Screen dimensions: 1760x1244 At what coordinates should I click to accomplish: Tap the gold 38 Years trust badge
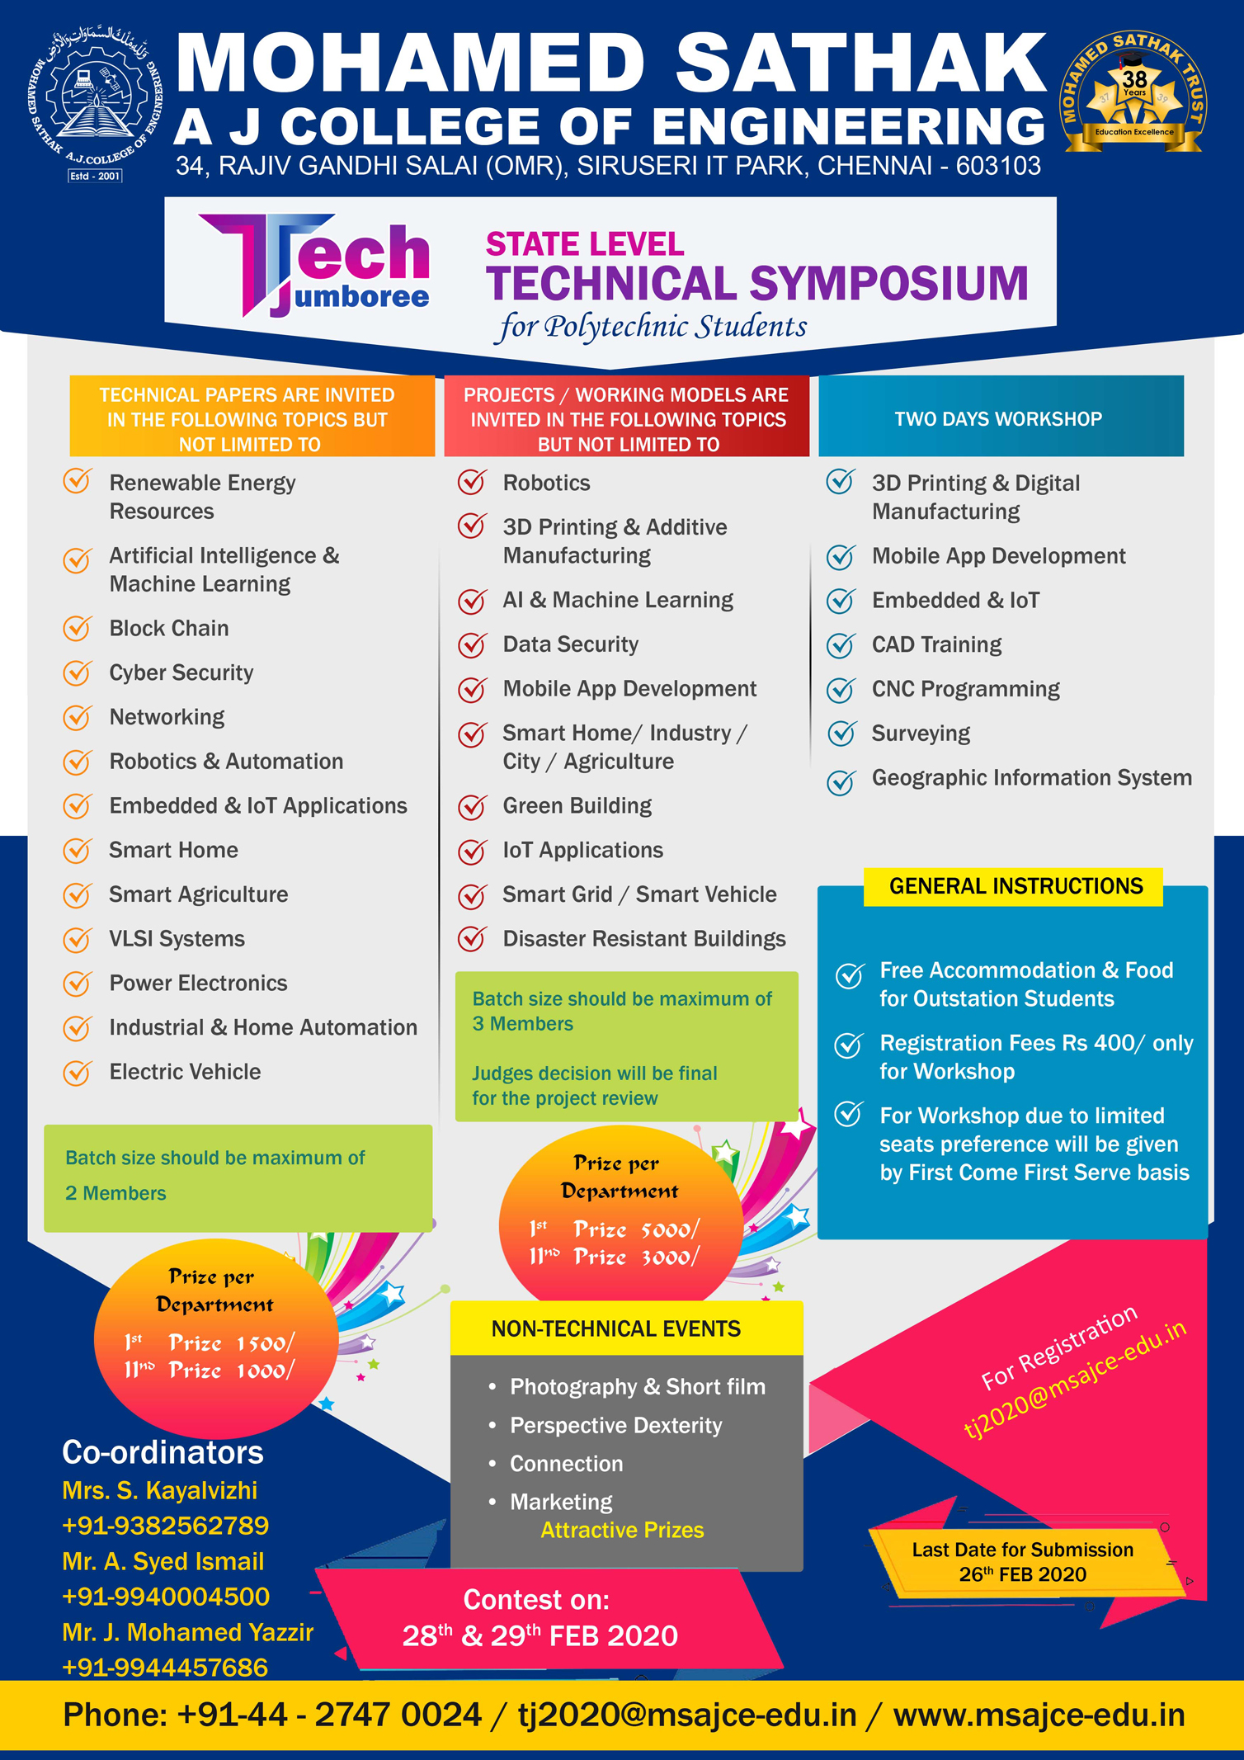[x=1133, y=95]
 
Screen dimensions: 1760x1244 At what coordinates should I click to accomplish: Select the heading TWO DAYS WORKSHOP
[x=998, y=418]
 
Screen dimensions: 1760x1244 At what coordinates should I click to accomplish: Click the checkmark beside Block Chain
[x=78, y=629]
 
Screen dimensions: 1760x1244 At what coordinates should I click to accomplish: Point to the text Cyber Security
[x=181, y=672]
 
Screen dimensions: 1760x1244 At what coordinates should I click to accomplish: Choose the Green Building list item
[x=577, y=805]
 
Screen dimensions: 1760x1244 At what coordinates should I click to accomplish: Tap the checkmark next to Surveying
[x=841, y=733]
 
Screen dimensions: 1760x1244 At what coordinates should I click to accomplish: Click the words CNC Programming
[x=965, y=689]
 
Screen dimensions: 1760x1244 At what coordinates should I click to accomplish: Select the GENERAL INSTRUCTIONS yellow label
[x=1015, y=886]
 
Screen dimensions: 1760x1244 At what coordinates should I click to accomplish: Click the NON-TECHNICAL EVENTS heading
[x=615, y=1328]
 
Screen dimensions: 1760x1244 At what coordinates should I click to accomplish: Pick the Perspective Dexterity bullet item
[x=615, y=1425]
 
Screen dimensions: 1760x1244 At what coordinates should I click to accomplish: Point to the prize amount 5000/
[x=670, y=1229]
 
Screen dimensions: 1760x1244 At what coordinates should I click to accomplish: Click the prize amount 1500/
[x=266, y=1343]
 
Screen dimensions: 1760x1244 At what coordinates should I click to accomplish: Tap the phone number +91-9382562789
[x=166, y=1525]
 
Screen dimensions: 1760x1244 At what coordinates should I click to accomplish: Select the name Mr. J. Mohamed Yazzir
[x=188, y=1632]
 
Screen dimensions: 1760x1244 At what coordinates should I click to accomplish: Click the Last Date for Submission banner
[x=1023, y=1562]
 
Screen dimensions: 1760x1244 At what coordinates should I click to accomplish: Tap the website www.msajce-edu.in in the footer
[x=1039, y=1715]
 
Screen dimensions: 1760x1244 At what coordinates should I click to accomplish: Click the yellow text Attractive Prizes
[x=622, y=1530]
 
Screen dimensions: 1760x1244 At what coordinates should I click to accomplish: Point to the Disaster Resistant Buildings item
[x=644, y=939]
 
